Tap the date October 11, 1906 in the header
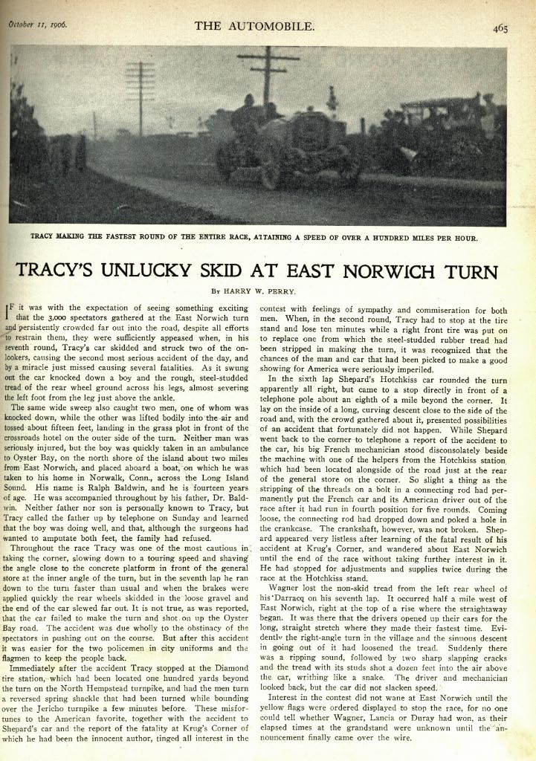(38, 24)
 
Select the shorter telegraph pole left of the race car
(140, 97)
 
